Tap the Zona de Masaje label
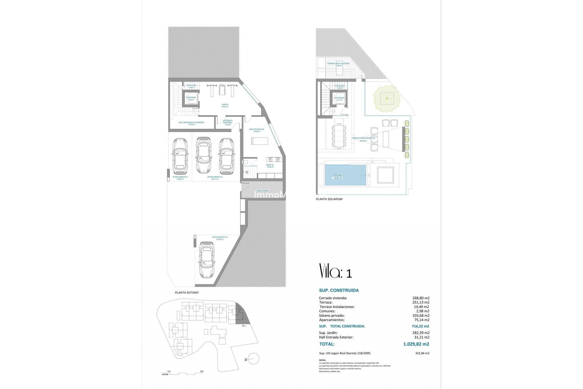pyautogui.click(x=256, y=129)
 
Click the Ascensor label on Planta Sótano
pyautogui.click(x=191, y=98)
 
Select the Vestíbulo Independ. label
pyautogui.click(x=228, y=121)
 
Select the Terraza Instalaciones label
pyautogui.click(x=338, y=64)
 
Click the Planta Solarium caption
pyautogui.click(x=329, y=199)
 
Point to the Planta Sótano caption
pyautogui.click(x=186, y=293)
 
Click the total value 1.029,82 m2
pyautogui.click(x=416, y=344)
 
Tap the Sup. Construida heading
pyautogui.click(x=339, y=290)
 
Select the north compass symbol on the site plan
pyautogui.click(x=253, y=359)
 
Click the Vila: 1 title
pyautogui.click(x=336, y=271)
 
